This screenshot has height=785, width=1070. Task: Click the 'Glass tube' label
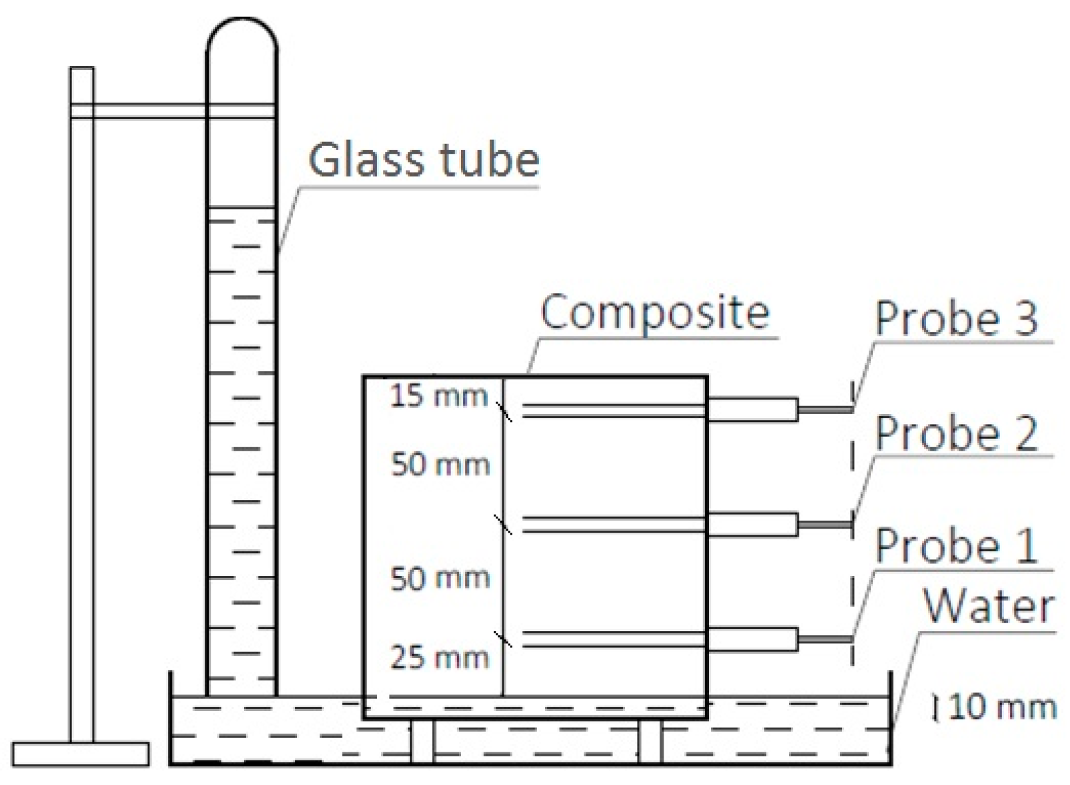(x=424, y=160)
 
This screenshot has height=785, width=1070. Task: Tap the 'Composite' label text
(x=655, y=313)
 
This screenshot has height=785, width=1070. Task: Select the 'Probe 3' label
(x=956, y=318)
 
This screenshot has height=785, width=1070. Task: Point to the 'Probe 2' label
(x=956, y=433)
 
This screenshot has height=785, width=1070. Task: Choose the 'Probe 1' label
(x=956, y=546)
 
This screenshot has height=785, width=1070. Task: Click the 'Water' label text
(x=988, y=607)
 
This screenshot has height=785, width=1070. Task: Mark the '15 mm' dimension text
(x=439, y=396)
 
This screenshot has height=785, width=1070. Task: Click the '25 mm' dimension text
(x=440, y=658)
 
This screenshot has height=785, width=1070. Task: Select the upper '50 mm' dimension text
(x=440, y=464)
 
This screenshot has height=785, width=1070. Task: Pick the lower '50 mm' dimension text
(x=440, y=578)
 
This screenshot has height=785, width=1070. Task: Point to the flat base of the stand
(x=81, y=754)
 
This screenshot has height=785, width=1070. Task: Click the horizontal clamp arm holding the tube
(x=150, y=111)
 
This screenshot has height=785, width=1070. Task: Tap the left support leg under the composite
(x=421, y=740)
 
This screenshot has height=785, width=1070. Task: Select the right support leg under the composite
(x=650, y=740)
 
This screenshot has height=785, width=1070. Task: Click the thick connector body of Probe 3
(x=752, y=409)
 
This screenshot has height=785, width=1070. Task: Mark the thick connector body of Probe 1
(x=752, y=639)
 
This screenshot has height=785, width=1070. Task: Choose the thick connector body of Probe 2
(x=752, y=524)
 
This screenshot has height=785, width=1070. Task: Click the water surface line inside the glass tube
(x=241, y=209)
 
